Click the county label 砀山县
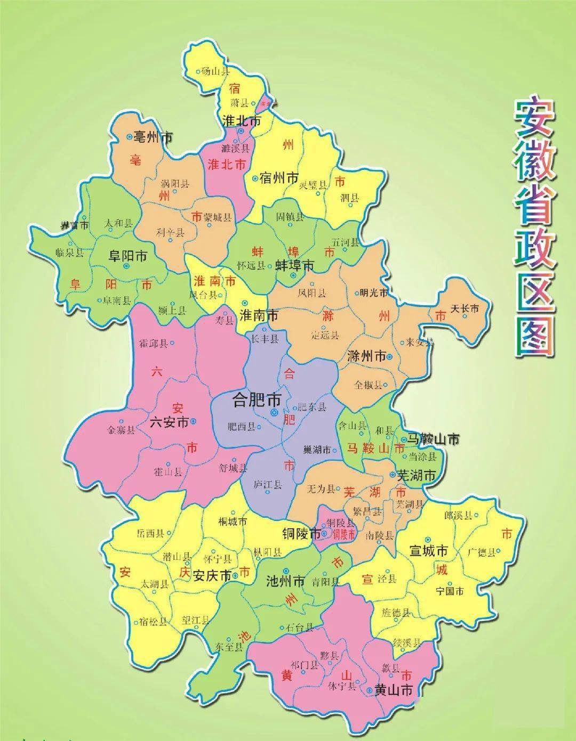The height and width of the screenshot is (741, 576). click(x=215, y=70)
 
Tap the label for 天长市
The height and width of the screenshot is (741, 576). click(x=465, y=308)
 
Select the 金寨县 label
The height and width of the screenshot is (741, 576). click(x=122, y=430)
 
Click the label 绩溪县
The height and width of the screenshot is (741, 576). click(x=406, y=642)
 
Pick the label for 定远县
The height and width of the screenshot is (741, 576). click(x=325, y=336)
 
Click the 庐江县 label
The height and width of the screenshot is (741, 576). click(x=268, y=485)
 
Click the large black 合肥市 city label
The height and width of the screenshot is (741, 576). click(x=258, y=400)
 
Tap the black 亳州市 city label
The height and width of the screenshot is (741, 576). click(x=153, y=137)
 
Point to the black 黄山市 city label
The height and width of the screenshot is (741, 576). click(x=394, y=691)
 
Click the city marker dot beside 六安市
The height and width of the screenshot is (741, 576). click(x=193, y=421)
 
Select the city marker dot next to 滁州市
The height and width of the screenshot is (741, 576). click(x=390, y=356)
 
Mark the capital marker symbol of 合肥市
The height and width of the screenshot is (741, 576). click(x=274, y=412)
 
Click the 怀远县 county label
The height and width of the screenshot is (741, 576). click(x=251, y=265)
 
